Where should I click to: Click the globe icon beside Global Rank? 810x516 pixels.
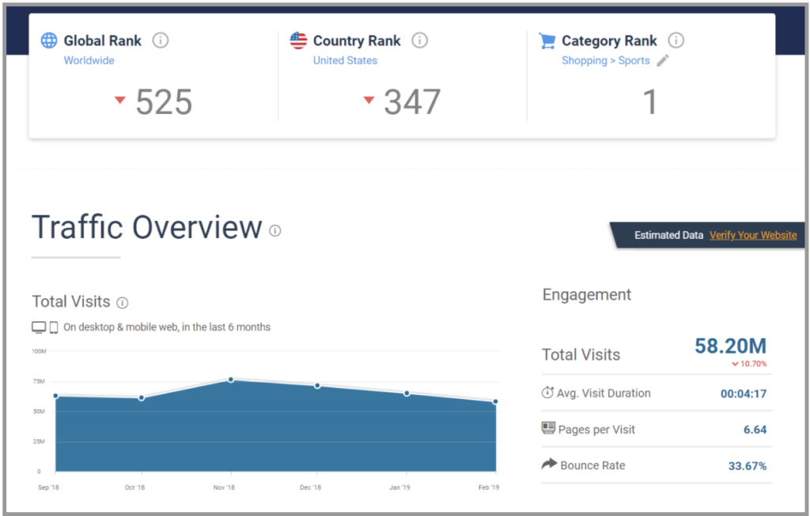click(x=49, y=40)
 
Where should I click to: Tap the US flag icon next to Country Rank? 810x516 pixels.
click(x=298, y=40)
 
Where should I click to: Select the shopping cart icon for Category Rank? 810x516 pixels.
click(x=547, y=40)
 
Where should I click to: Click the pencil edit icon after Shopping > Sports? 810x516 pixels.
click(x=663, y=61)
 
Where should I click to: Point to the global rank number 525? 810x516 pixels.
click(x=164, y=102)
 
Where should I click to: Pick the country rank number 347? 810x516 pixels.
click(x=412, y=102)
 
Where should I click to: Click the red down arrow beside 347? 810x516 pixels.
click(x=369, y=100)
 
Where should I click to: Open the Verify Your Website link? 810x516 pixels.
click(x=753, y=235)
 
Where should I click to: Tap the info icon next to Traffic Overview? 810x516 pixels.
click(x=274, y=230)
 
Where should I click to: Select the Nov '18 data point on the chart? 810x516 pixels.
click(x=231, y=380)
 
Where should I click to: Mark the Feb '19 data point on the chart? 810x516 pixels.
click(x=496, y=401)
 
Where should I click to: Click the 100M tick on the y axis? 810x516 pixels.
click(x=39, y=351)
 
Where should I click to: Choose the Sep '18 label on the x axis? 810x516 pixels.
click(x=48, y=488)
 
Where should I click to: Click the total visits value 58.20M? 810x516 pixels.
click(x=730, y=346)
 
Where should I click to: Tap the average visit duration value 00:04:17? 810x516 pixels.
click(x=743, y=393)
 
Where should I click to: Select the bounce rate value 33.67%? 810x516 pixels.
click(x=748, y=465)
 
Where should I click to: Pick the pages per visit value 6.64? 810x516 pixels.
click(x=755, y=430)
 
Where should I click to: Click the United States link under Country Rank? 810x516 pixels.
click(x=345, y=61)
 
